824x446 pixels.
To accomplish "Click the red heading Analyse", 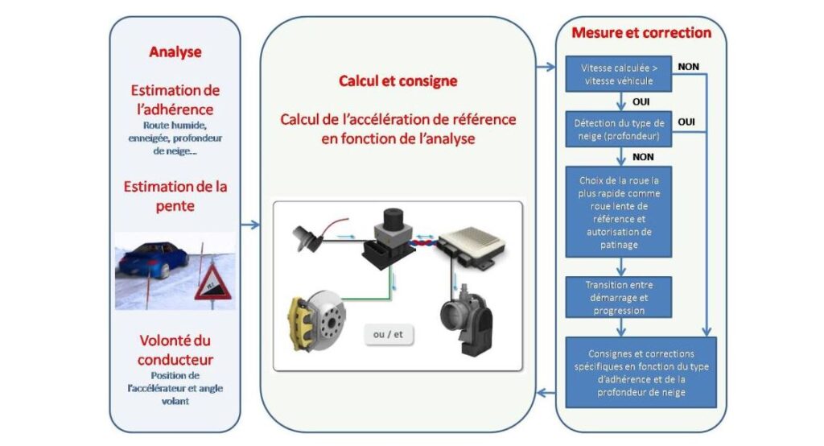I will point(175,52).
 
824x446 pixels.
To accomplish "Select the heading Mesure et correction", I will point(641,33).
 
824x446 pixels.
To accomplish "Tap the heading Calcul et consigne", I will point(398,81).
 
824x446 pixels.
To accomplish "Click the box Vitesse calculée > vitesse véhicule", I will point(617,74).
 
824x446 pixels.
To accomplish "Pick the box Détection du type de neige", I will point(618,130).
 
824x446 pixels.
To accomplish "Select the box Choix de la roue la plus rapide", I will point(618,211).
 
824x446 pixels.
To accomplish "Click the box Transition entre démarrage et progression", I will point(618,297).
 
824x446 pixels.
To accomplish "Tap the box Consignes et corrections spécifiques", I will point(641,371).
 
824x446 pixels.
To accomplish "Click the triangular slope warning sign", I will point(212,281).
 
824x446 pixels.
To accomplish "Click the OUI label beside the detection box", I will point(687,122).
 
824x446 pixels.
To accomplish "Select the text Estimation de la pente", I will point(175,195).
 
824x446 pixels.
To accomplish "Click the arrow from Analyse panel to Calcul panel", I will point(249,223).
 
